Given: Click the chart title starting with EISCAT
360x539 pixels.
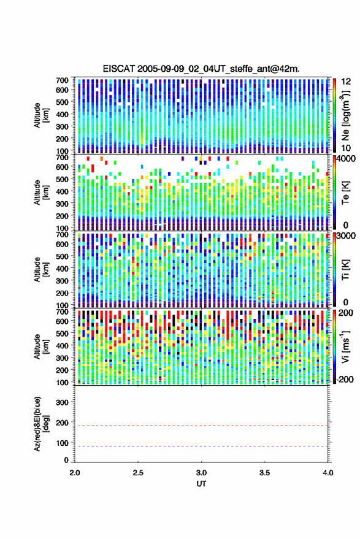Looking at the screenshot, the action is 201,69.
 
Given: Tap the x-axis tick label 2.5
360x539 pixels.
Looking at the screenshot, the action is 138,473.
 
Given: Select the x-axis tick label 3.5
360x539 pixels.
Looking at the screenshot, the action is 264,473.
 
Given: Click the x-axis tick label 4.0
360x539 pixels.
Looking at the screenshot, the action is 328,473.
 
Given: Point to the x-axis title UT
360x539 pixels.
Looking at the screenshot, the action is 201,484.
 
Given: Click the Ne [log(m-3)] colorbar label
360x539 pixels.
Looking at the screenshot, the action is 345,115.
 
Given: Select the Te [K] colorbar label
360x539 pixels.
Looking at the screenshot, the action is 345,193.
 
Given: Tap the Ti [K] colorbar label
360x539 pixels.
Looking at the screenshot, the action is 345,270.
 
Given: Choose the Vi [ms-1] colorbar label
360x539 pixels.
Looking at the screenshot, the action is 345,346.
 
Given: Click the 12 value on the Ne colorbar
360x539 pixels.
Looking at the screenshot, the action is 346,82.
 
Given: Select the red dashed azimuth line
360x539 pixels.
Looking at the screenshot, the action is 201,426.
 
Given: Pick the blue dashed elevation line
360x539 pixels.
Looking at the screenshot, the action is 201,446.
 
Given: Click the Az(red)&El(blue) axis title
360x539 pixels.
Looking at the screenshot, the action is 40,424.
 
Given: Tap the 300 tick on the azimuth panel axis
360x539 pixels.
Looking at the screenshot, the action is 62,402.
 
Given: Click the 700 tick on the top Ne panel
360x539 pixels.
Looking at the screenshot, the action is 62,80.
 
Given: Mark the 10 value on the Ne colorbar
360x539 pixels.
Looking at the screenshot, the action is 346,148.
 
